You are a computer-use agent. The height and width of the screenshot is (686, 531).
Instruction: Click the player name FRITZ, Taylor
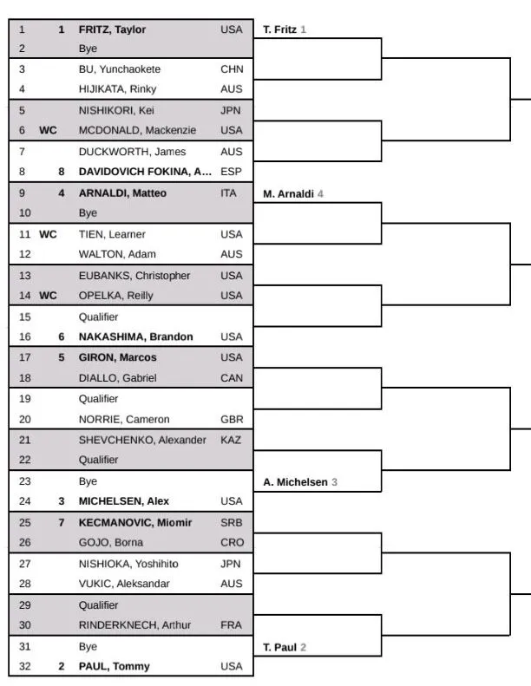[x=112, y=29]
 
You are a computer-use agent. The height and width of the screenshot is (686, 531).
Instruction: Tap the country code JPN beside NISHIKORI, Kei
[x=231, y=110]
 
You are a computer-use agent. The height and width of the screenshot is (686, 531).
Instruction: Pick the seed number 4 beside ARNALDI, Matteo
[x=62, y=193]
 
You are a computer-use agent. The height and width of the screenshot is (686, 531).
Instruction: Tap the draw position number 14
[x=23, y=295]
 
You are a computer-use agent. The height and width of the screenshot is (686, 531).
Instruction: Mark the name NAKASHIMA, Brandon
[x=135, y=336]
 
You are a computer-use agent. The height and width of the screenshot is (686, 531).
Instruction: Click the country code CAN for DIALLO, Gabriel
[x=232, y=378]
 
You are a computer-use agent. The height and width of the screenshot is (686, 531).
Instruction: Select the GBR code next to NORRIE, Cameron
[x=232, y=419]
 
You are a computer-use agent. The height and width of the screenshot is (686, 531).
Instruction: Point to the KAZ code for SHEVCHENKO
[x=232, y=440]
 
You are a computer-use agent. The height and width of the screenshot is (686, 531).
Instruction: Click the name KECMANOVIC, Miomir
[x=134, y=522]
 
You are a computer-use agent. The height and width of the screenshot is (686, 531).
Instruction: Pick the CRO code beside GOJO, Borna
[x=232, y=543]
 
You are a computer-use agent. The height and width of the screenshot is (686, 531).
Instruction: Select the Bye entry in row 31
[x=88, y=646]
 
